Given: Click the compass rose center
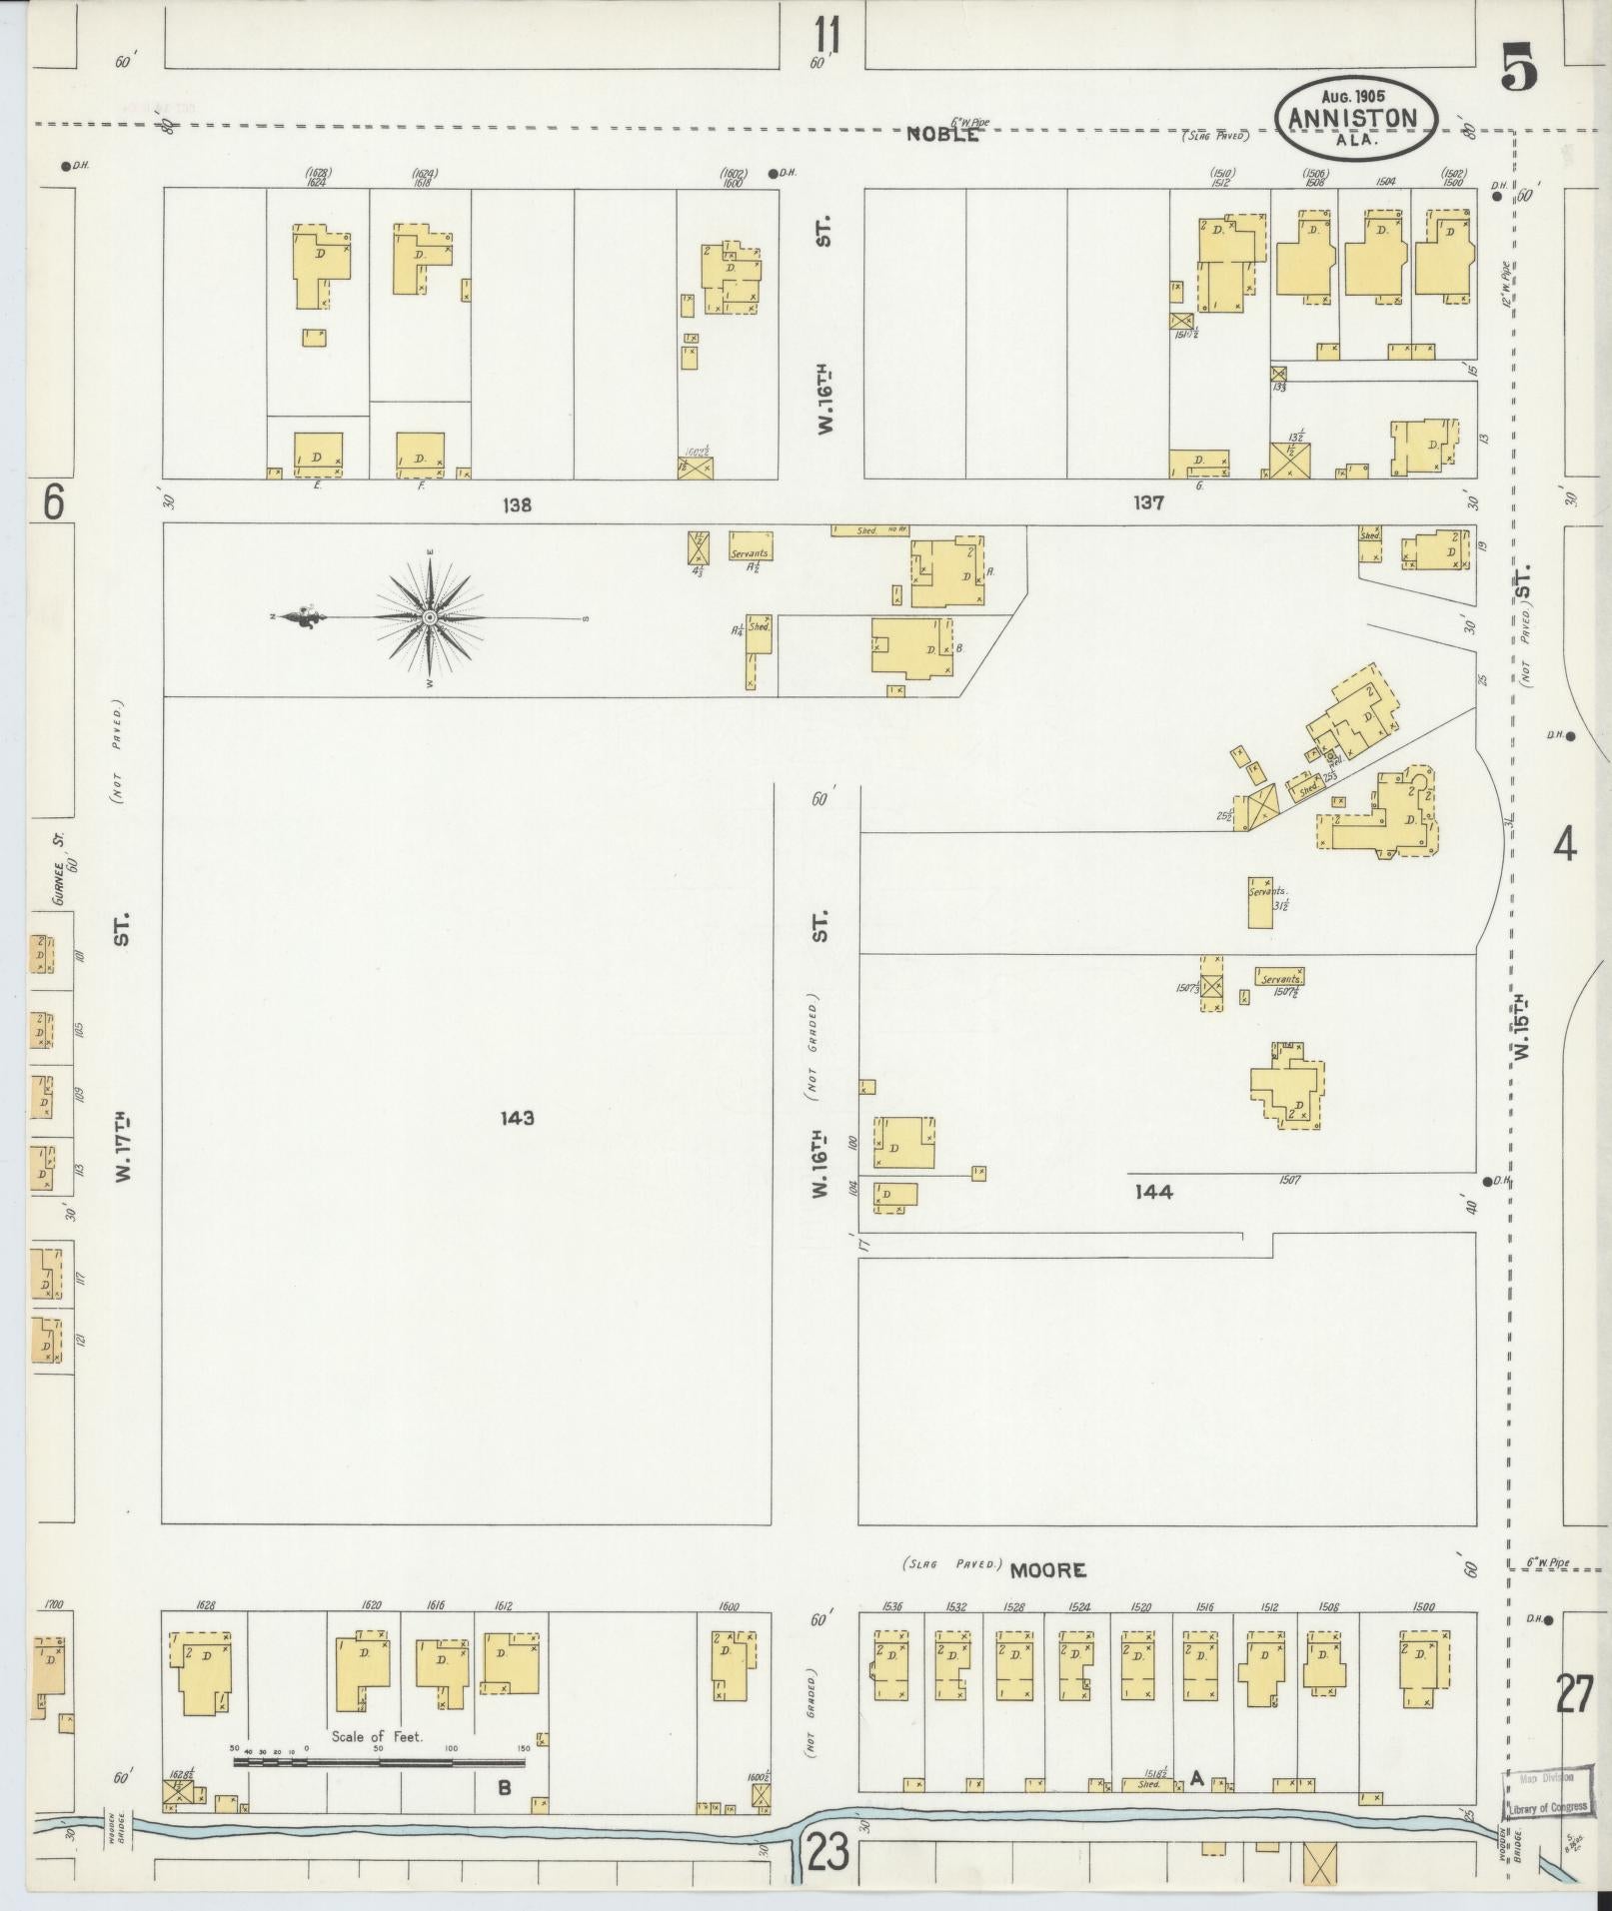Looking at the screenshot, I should click(x=430, y=618).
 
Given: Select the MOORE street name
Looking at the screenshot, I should click(x=1047, y=1571).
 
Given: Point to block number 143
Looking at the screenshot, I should click(x=517, y=1118).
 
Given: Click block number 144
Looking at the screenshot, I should click(x=1153, y=1191).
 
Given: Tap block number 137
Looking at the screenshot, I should click(x=1149, y=504).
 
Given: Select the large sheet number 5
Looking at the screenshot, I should click(x=1518, y=70).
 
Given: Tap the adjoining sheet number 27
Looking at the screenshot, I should click(x=1573, y=1695).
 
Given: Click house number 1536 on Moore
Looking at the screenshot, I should click(x=892, y=1607).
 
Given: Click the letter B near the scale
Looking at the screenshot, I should click(x=505, y=1787).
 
